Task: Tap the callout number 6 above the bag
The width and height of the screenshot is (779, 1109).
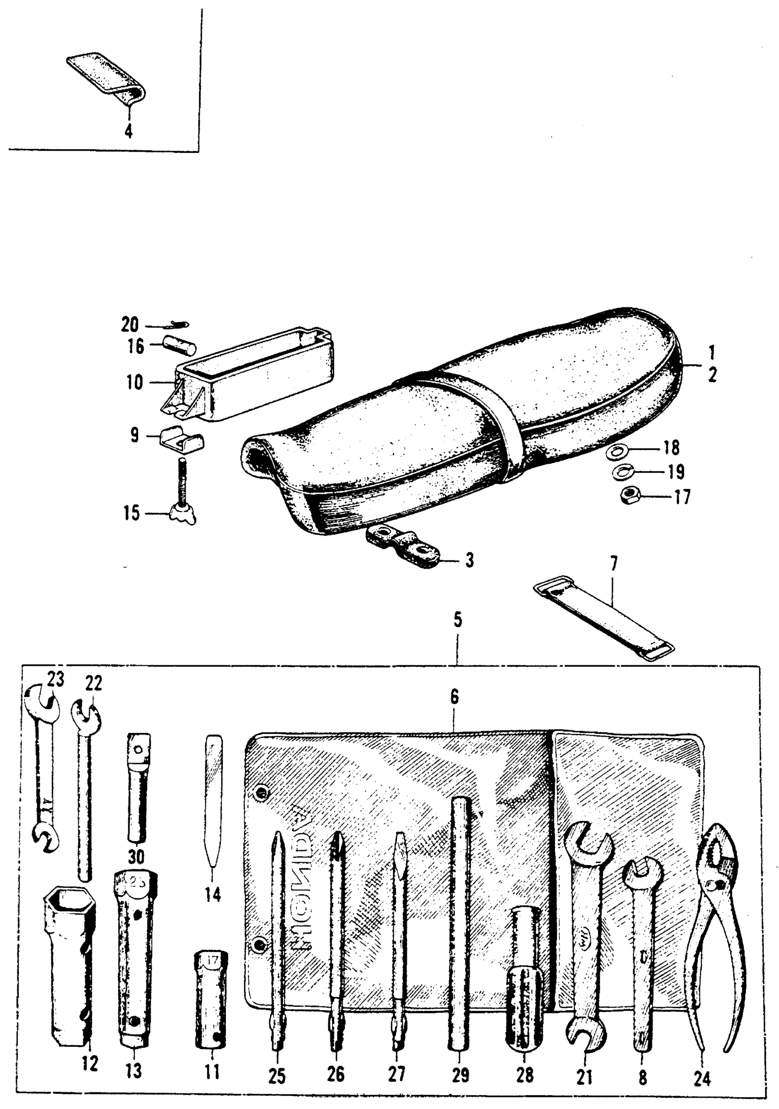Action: point(454,697)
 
